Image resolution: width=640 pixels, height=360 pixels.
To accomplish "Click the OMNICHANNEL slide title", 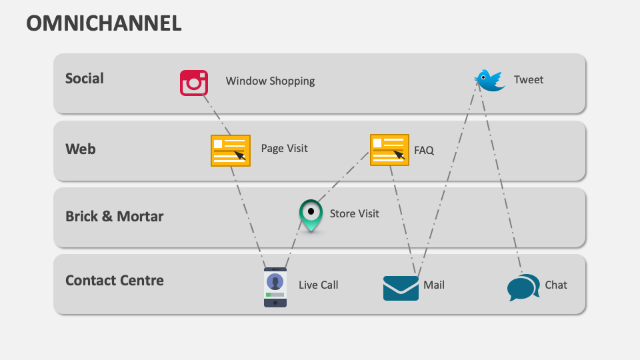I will pos(103,23).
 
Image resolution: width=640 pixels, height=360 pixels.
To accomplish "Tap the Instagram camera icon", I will pos(194,83).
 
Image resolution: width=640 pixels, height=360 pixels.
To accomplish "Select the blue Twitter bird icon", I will pos(490,80).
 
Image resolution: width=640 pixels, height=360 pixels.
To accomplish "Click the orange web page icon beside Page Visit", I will pos(231,150).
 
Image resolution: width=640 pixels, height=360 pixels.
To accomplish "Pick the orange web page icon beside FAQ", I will pos(389,150).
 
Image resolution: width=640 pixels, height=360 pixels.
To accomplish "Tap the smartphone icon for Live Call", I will pos(275,287).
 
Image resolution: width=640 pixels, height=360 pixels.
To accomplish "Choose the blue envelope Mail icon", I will pos(401,288).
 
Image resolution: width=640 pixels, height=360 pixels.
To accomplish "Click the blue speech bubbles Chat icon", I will pos(523,287).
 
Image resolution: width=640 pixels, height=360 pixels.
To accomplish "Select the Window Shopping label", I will pos(270,81).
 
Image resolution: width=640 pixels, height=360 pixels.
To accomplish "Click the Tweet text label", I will pos(529,80).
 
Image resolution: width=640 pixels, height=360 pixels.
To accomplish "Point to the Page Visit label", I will pos(284,149).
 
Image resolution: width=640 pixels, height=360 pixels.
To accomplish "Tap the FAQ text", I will pos(424,151).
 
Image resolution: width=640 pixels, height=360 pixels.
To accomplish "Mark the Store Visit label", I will pos(354,213).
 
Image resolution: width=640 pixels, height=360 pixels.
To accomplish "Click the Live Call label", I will pos(318,285).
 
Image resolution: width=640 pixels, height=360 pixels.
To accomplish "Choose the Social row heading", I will pos(85,79).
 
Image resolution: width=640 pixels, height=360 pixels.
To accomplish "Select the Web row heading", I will pos(80,149).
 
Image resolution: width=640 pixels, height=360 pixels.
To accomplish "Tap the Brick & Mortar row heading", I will pos(114,217).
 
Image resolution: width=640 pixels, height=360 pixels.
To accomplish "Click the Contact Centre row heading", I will pos(114,281).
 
